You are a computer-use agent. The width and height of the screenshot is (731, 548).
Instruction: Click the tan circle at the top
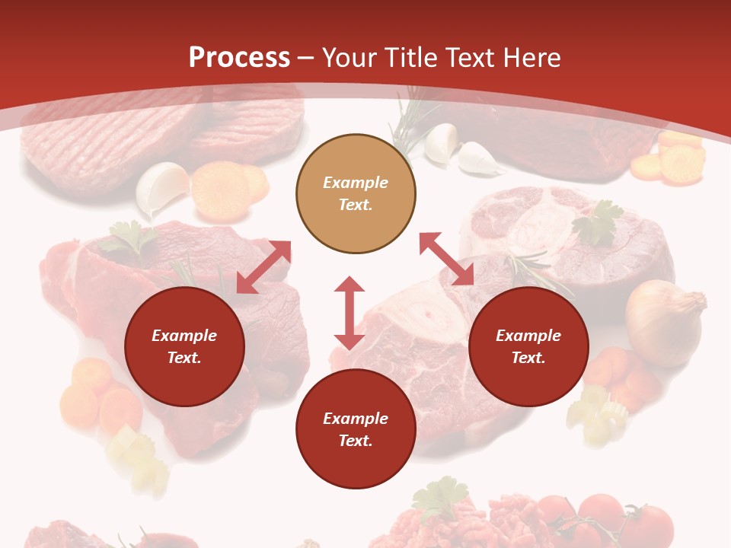[x=356, y=194]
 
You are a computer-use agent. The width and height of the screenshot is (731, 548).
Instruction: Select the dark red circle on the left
[x=184, y=347]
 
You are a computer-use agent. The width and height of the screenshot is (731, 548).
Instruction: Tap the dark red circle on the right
[x=528, y=347]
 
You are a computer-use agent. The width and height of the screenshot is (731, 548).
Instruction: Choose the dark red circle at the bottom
[x=356, y=429]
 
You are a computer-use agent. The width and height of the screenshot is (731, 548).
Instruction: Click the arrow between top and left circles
[x=263, y=267]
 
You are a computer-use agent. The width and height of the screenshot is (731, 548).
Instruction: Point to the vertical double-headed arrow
[x=350, y=313]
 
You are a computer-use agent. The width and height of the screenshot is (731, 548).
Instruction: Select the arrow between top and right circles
[x=446, y=259]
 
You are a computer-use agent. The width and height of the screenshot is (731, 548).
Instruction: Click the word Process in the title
[x=239, y=57]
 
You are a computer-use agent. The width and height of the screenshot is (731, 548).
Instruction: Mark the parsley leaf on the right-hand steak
[x=599, y=222]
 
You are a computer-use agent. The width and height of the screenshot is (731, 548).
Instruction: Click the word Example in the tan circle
[x=356, y=183]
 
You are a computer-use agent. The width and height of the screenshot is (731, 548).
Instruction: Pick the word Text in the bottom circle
[x=356, y=441]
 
